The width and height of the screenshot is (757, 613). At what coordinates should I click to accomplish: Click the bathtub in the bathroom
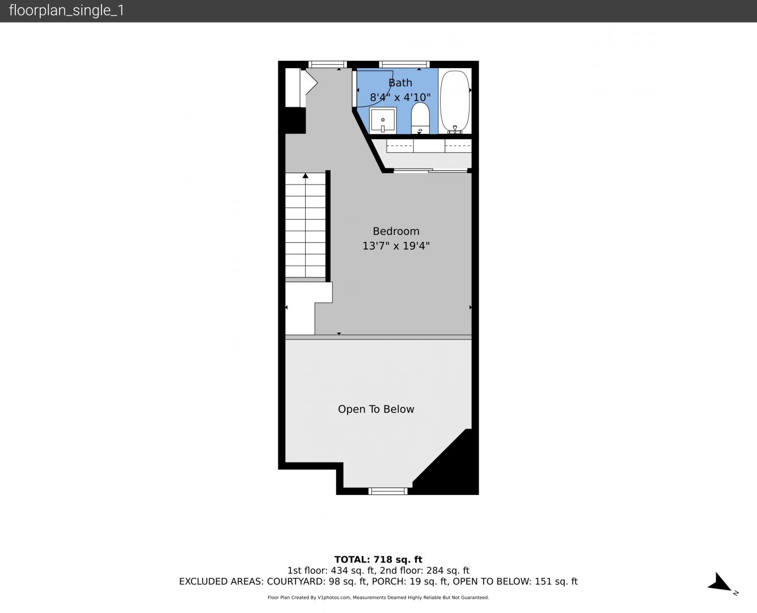pos(455,102)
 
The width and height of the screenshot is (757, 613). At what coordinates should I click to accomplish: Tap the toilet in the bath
pos(420,118)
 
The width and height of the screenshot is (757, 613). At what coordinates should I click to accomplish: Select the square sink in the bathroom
pos(383,120)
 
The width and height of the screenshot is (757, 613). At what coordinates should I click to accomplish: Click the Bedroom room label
pos(396,231)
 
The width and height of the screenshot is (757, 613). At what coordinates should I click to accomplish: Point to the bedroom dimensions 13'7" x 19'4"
pos(396,246)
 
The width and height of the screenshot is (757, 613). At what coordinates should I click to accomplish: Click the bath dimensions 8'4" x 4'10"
pos(400,97)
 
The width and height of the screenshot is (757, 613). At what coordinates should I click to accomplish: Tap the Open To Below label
pos(376,409)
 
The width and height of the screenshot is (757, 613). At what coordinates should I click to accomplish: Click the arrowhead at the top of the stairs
pos(305,175)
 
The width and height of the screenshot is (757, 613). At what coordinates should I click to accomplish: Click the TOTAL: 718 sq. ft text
pos(378,559)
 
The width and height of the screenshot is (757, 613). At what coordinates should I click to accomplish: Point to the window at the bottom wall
pos(388,492)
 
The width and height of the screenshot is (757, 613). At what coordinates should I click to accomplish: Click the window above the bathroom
pos(404,64)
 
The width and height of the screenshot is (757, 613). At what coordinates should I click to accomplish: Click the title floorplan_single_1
pos(66,10)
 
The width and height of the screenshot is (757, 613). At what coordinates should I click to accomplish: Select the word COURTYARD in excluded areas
pos(295,581)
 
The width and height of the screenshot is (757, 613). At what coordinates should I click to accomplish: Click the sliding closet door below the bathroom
pos(430,171)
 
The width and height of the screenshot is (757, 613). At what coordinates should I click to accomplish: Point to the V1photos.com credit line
pos(378,597)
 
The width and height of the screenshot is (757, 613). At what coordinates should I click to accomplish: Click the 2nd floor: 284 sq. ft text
pos(424,570)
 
